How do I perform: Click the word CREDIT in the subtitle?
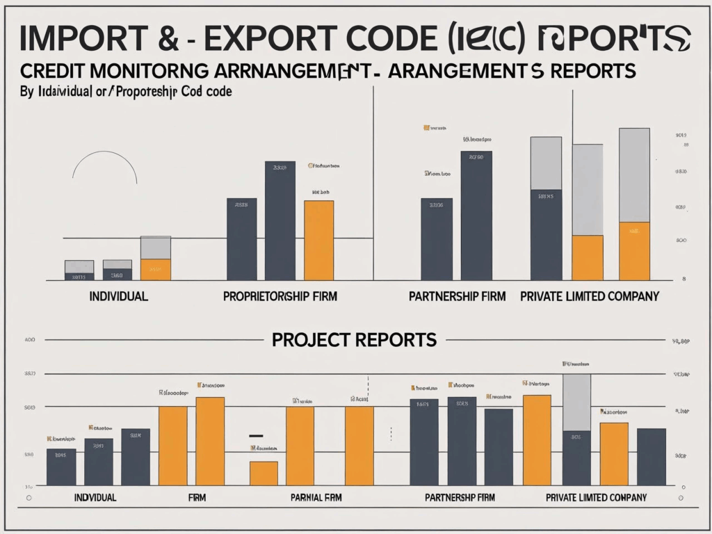point(53,72)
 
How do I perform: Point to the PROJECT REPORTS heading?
point(354,340)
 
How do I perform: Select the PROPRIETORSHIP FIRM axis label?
point(280,296)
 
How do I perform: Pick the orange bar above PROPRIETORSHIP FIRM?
point(318,241)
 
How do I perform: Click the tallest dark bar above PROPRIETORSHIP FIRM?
point(280,220)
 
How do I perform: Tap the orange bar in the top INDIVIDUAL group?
point(156,270)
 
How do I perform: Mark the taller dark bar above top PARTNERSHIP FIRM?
point(476,216)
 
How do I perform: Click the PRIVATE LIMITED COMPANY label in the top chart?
point(590,296)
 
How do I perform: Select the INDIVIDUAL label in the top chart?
point(118,296)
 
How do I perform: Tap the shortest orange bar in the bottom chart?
point(264,474)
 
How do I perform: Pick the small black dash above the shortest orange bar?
point(256,436)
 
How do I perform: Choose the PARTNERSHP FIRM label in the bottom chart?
point(459,498)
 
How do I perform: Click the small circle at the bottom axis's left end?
point(29,499)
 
